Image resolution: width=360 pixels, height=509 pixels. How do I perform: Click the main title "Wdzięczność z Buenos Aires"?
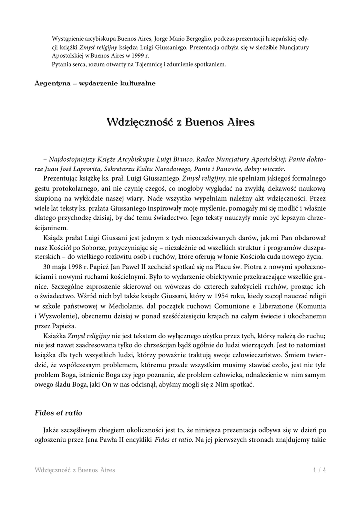tap(180, 122)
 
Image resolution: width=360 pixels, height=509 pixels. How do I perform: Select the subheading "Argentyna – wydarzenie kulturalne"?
tap(95, 83)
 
